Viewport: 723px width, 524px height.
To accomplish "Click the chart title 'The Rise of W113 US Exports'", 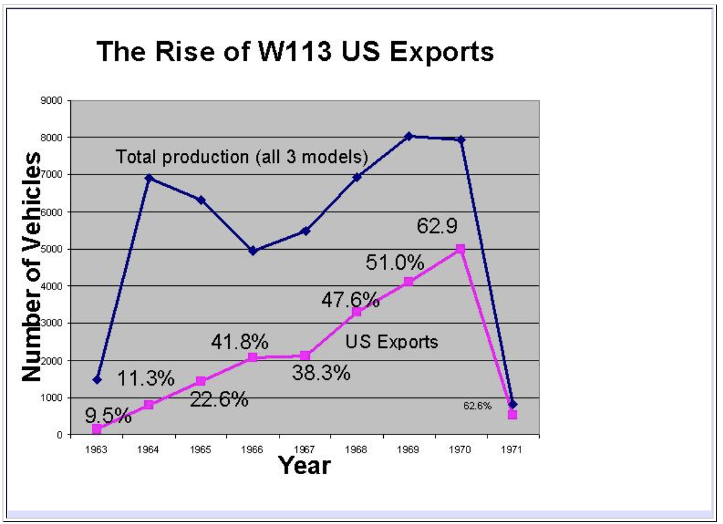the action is pyautogui.click(x=295, y=52).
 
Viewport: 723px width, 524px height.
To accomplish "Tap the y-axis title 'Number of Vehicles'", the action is pyautogui.click(x=32, y=267).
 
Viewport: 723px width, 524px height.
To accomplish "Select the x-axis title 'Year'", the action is pyautogui.click(x=304, y=466).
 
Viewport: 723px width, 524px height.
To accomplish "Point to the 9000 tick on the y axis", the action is pyautogui.click(x=52, y=100).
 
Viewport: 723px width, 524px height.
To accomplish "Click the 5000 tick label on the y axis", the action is pyautogui.click(x=52, y=249).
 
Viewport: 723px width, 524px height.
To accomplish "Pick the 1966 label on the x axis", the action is pyautogui.click(x=252, y=450).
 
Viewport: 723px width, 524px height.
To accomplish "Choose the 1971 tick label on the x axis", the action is pyautogui.click(x=511, y=450).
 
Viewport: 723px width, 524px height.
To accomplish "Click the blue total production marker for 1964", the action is pyautogui.click(x=149, y=178).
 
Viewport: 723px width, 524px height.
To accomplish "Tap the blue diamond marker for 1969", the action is pyautogui.click(x=408, y=136).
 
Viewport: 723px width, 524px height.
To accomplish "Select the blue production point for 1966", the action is pyautogui.click(x=253, y=250).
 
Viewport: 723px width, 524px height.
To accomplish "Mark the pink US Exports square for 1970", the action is pyautogui.click(x=461, y=249).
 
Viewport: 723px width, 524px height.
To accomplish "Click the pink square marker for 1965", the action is pyautogui.click(x=201, y=381).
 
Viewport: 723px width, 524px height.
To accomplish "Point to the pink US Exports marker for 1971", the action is pyautogui.click(x=513, y=414).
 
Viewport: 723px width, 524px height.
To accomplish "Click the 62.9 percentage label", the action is pyautogui.click(x=437, y=226).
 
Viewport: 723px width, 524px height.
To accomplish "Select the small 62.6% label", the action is pyautogui.click(x=478, y=406).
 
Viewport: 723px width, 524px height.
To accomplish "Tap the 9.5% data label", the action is pyautogui.click(x=108, y=416).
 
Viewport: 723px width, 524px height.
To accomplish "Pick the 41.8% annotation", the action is pyautogui.click(x=240, y=342).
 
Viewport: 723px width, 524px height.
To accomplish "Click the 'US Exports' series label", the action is pyautogui.click(x=392, y=342).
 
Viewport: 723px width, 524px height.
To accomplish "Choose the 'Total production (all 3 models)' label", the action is pyautogui.click(x=242, y=157).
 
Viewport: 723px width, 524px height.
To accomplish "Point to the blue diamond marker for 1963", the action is pyautogui.click(x=97, y=380).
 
